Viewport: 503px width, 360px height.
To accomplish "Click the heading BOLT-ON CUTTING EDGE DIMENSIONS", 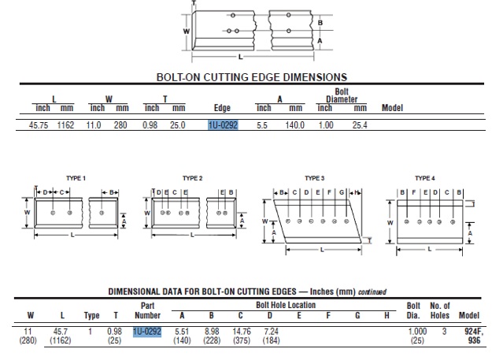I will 252,77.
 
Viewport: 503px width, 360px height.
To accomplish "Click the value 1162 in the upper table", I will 65,125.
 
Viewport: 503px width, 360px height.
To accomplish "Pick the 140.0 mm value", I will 294,125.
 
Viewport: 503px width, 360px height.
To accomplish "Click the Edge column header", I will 223,108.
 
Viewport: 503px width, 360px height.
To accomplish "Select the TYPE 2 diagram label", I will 192,178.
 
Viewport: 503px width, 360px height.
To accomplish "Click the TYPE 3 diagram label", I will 315,178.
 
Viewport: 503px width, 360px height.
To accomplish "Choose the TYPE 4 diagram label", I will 425,178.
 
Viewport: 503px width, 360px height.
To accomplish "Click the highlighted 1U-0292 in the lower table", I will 147,332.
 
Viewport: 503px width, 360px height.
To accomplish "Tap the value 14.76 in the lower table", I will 241,332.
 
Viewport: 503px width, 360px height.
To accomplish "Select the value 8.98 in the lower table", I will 211,332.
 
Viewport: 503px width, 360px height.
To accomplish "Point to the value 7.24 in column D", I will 270,332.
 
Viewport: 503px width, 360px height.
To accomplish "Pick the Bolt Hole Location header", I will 285,305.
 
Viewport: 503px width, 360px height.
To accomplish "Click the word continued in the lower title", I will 372,291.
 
